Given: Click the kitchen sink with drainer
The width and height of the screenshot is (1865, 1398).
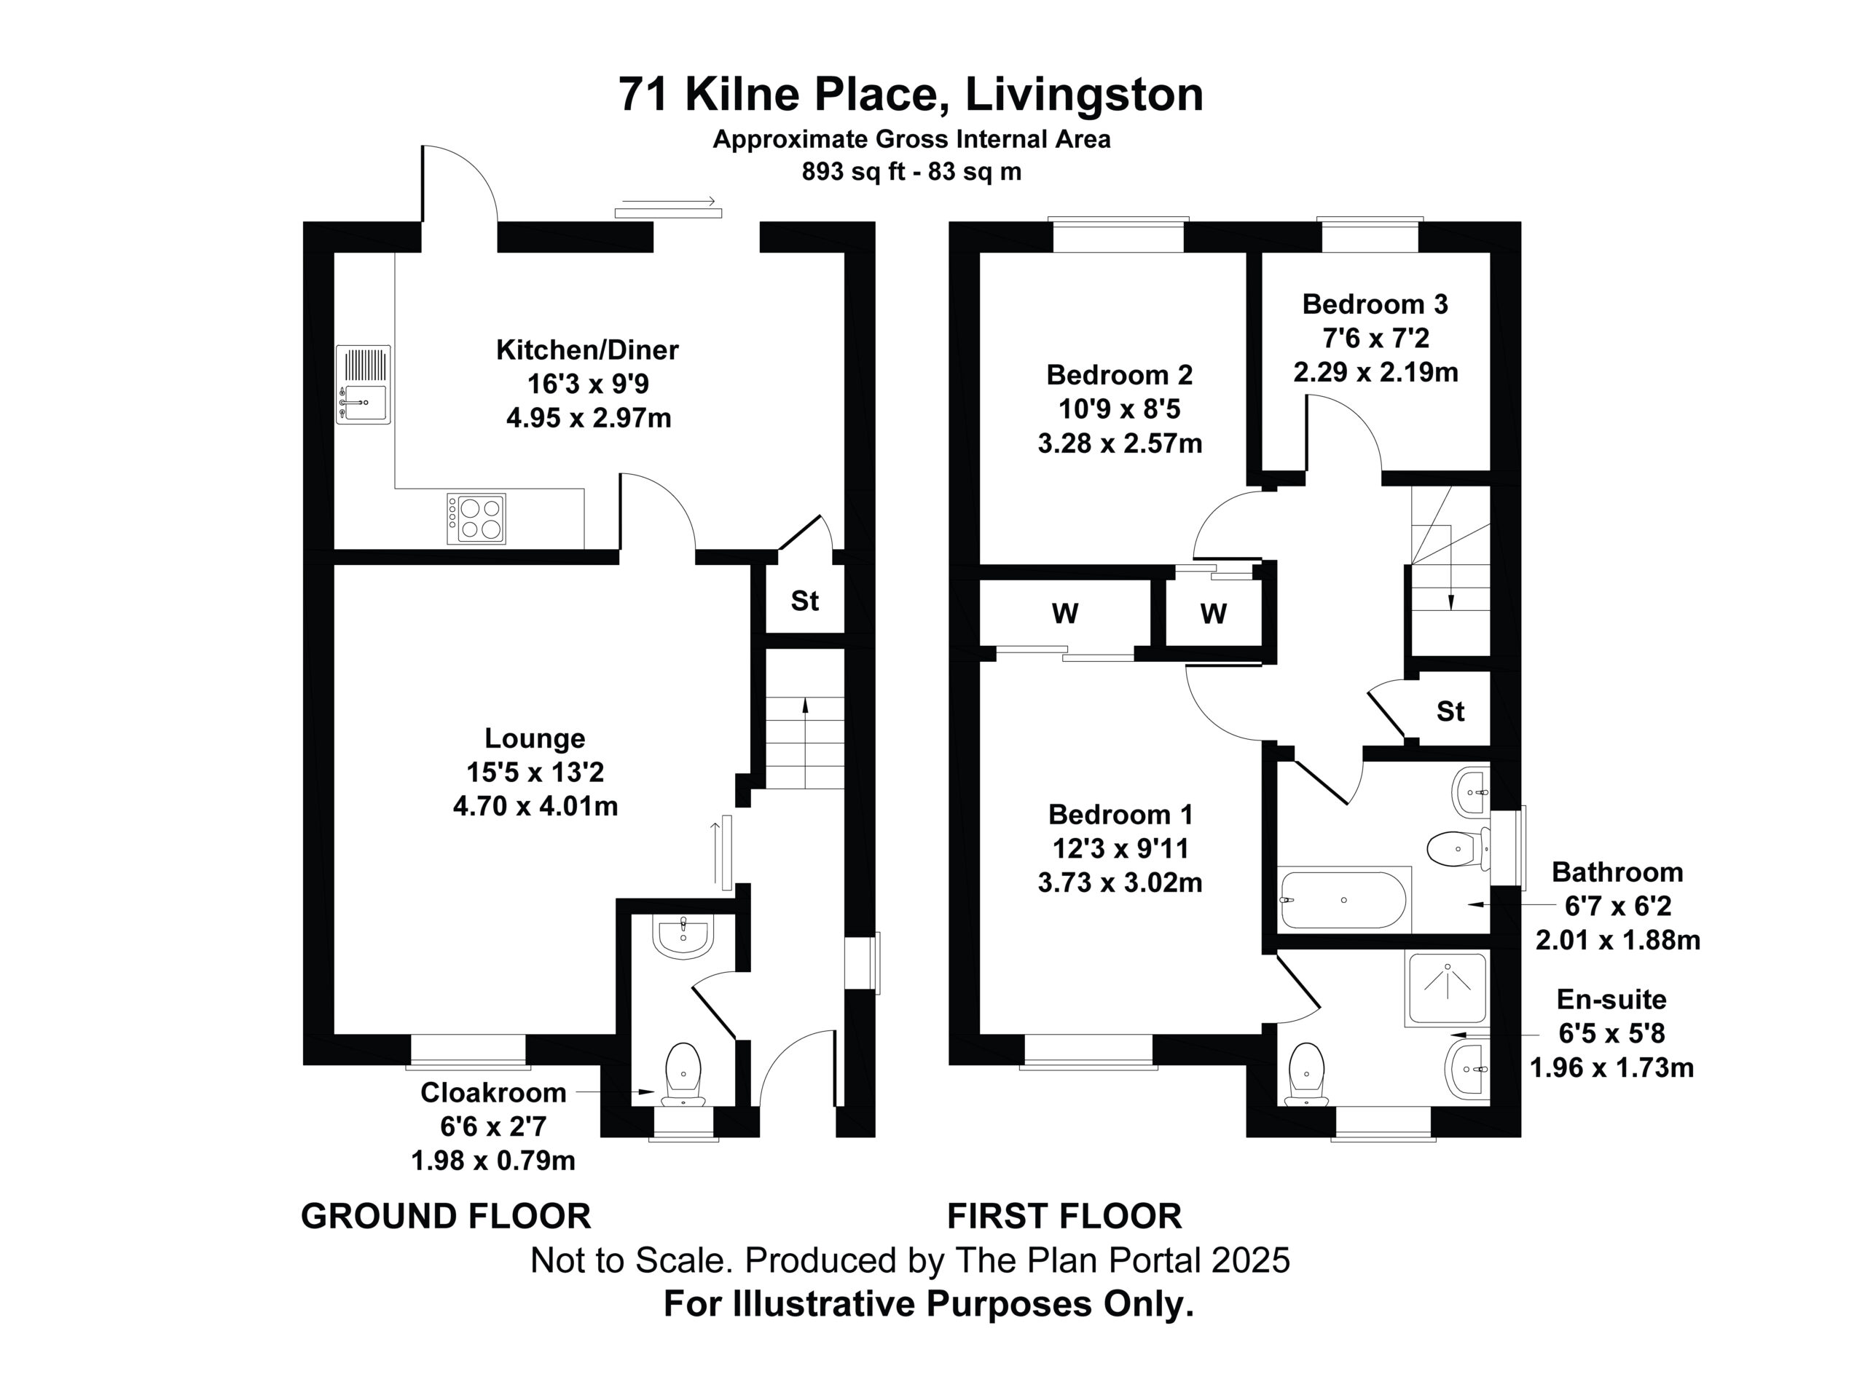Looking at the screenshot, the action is [x=364, y=384].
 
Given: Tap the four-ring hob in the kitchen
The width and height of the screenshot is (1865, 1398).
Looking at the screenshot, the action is [x=476, y=518].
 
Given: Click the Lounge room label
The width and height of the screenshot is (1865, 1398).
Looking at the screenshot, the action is [x=535, y=738].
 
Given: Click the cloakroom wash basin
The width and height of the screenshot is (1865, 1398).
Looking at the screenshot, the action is [x=684, y=937].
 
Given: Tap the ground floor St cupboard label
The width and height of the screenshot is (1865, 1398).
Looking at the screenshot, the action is [x=804, y=601].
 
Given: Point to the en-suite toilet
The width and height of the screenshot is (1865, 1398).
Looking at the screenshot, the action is [x=1308, y=1075].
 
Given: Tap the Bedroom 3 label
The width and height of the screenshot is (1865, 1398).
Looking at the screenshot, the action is [x=1375, y=304].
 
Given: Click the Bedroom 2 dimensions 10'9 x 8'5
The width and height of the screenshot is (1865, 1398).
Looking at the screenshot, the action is [x=1120, y=409].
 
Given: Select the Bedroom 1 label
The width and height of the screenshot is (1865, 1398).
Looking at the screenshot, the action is [x=1120, y=814].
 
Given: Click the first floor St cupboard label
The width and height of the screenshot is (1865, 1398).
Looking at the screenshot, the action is [x=1450, y=712].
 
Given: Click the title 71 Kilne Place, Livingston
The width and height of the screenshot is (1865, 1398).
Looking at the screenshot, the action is [x=911, y=95].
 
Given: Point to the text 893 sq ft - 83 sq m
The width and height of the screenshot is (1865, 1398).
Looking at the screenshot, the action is [x=911, y=172].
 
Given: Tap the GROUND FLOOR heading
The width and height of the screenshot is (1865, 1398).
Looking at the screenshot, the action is [x=446, y=1217].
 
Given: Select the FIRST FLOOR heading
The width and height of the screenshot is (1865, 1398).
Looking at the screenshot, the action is [x=1064, y=1217].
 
